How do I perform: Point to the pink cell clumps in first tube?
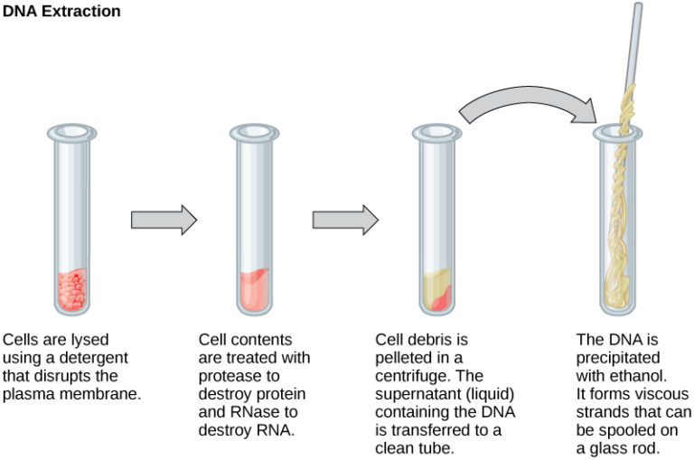[x=69, y=287]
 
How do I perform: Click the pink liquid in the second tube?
[x=254, y=289]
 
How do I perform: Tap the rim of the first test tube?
[x=69, y=133]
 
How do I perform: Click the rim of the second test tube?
[x=254, y=133]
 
